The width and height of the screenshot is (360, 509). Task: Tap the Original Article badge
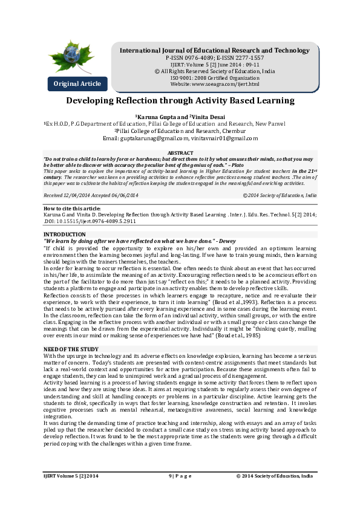78,83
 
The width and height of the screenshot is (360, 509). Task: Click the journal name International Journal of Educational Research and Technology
215,50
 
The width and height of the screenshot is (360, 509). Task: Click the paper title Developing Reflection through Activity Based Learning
180,100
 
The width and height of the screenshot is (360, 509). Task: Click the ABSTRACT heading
180,154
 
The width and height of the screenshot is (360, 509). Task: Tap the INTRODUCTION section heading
65,234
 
